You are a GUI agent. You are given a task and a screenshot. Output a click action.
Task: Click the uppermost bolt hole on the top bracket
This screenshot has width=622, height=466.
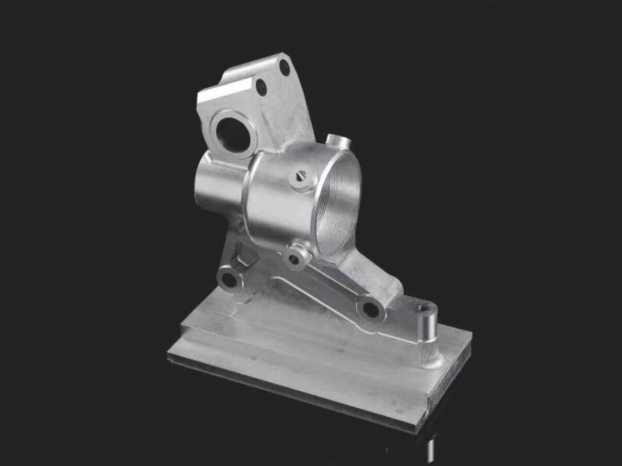(284, 67)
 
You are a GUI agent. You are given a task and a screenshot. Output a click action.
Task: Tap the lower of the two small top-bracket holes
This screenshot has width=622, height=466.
(261, 87)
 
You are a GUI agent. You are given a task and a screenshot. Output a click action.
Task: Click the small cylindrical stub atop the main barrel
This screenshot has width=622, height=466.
(338, 141)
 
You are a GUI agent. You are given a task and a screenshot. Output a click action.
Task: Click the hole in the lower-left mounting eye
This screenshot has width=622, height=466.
(229, 279)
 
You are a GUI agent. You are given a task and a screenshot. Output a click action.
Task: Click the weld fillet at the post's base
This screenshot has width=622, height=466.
(431, 361)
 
